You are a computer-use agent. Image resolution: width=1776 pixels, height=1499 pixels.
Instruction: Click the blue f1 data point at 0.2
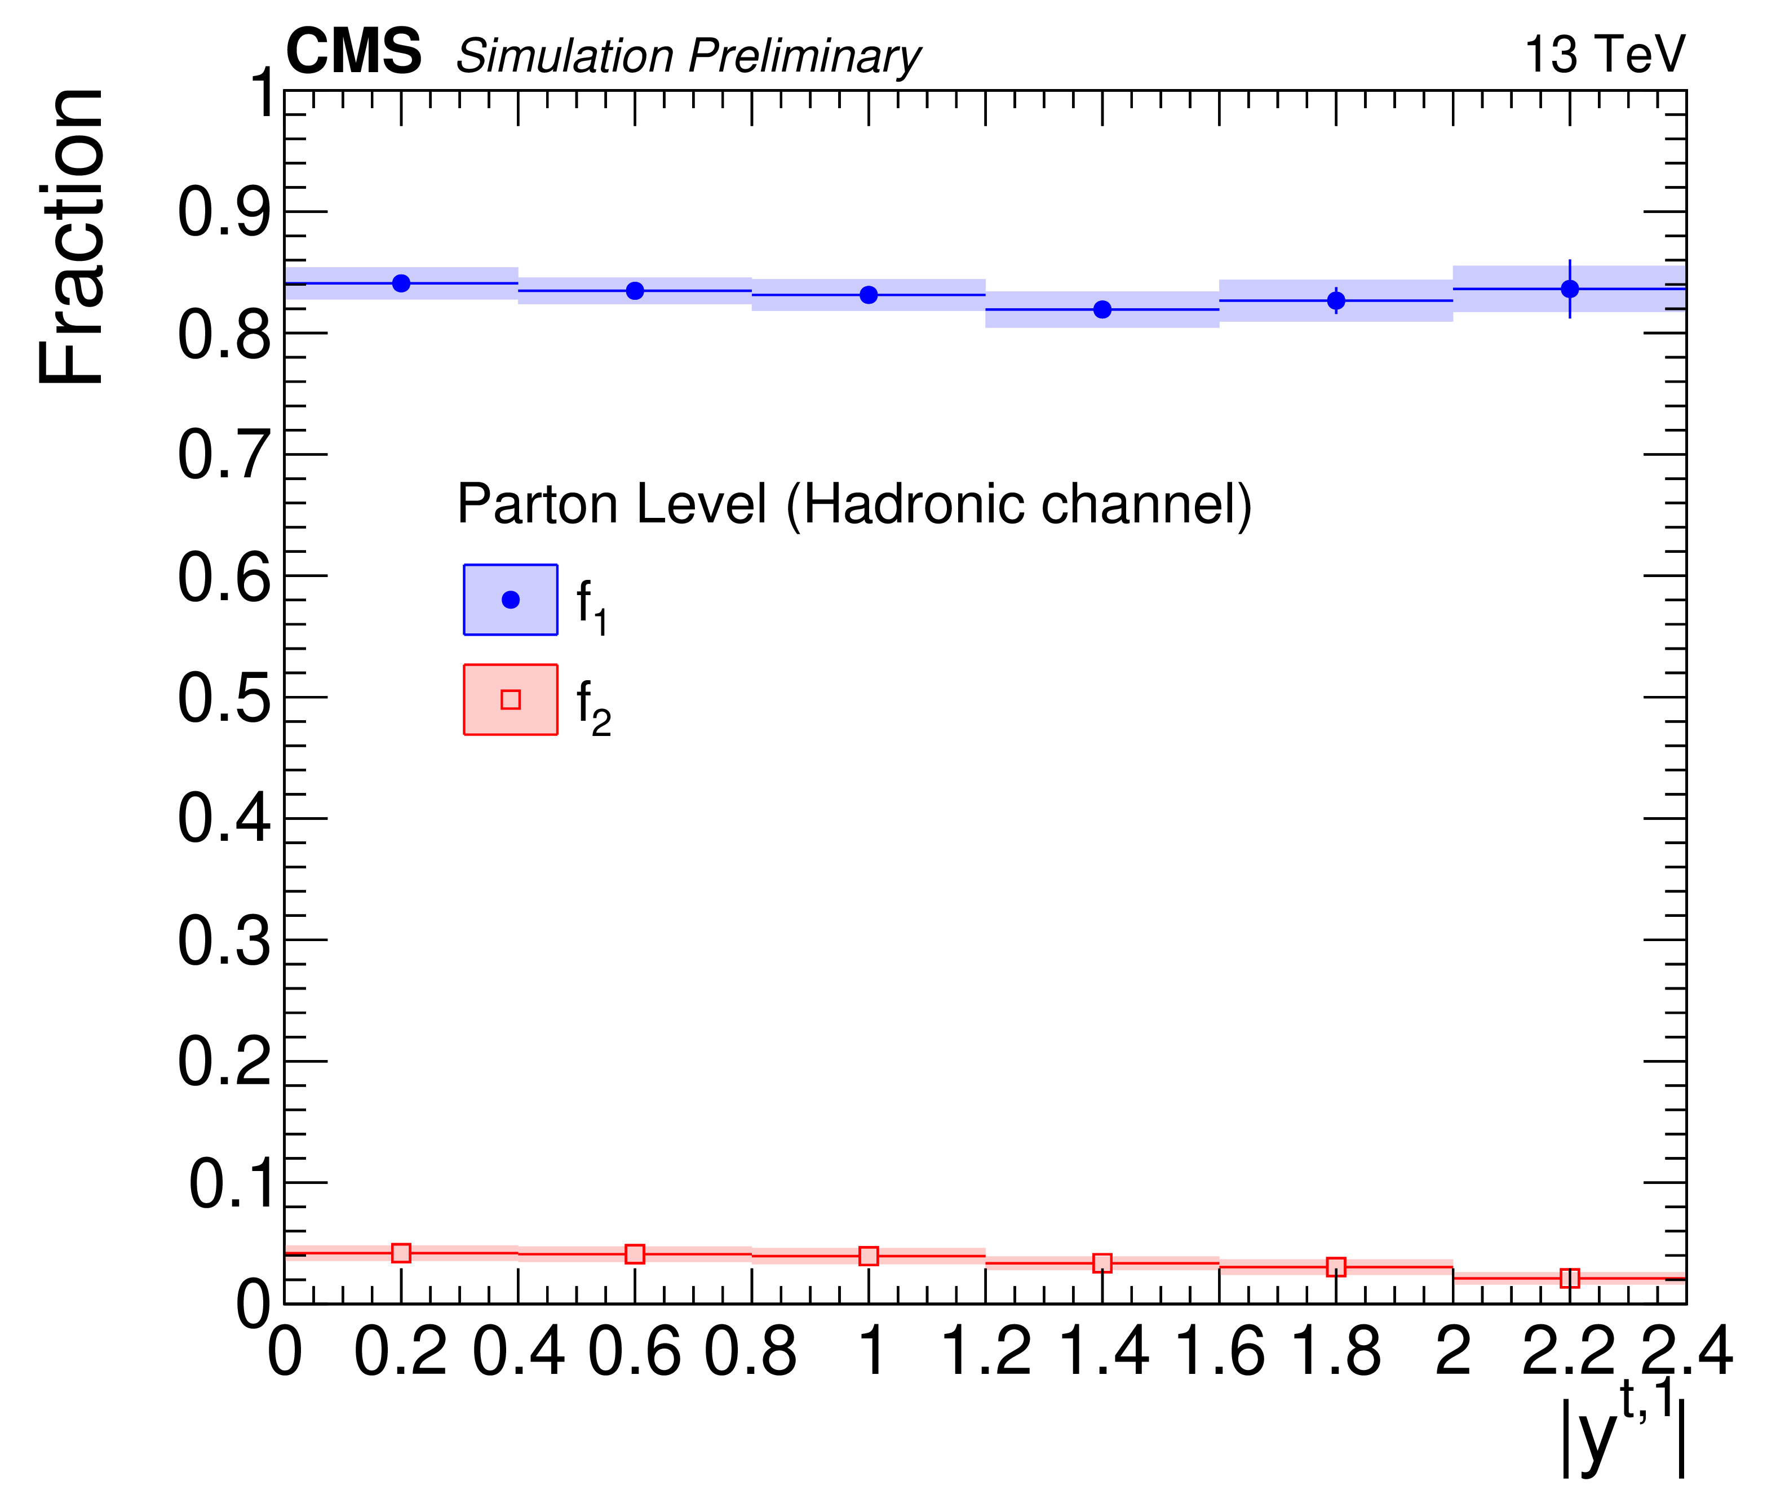pos(401,283)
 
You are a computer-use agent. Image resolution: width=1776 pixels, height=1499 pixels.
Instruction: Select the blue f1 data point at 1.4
pos(1102,309)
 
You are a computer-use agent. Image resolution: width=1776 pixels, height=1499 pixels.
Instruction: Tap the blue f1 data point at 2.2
pos(1570,289)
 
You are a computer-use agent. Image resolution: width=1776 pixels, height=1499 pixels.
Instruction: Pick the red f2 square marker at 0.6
pos(635,1253)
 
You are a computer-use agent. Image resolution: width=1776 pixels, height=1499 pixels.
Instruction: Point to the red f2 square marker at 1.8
pos(1336,1267)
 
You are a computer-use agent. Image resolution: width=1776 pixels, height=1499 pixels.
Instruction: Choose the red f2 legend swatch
pos(510,699)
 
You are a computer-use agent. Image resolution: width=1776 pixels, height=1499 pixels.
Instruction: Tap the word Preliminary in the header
pos(804,56)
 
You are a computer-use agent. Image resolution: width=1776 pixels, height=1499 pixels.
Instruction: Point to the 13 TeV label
pos(1604,55)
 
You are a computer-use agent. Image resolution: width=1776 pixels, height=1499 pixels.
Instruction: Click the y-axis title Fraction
pos(72,236)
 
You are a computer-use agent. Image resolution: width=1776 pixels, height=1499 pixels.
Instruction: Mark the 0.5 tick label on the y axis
pos(224,699)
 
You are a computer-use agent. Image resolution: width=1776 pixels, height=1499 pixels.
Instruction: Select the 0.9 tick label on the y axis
pos(224,212)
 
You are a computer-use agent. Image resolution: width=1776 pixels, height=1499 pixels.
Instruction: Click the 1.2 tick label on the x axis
pos(986,1351)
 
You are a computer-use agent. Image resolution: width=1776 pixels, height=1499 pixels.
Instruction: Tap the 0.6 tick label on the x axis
pos(635,1351)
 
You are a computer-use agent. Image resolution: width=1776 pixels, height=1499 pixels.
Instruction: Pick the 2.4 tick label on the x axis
pos(1686,1351)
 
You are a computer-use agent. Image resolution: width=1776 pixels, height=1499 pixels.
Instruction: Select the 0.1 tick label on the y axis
pos(229,1184)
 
